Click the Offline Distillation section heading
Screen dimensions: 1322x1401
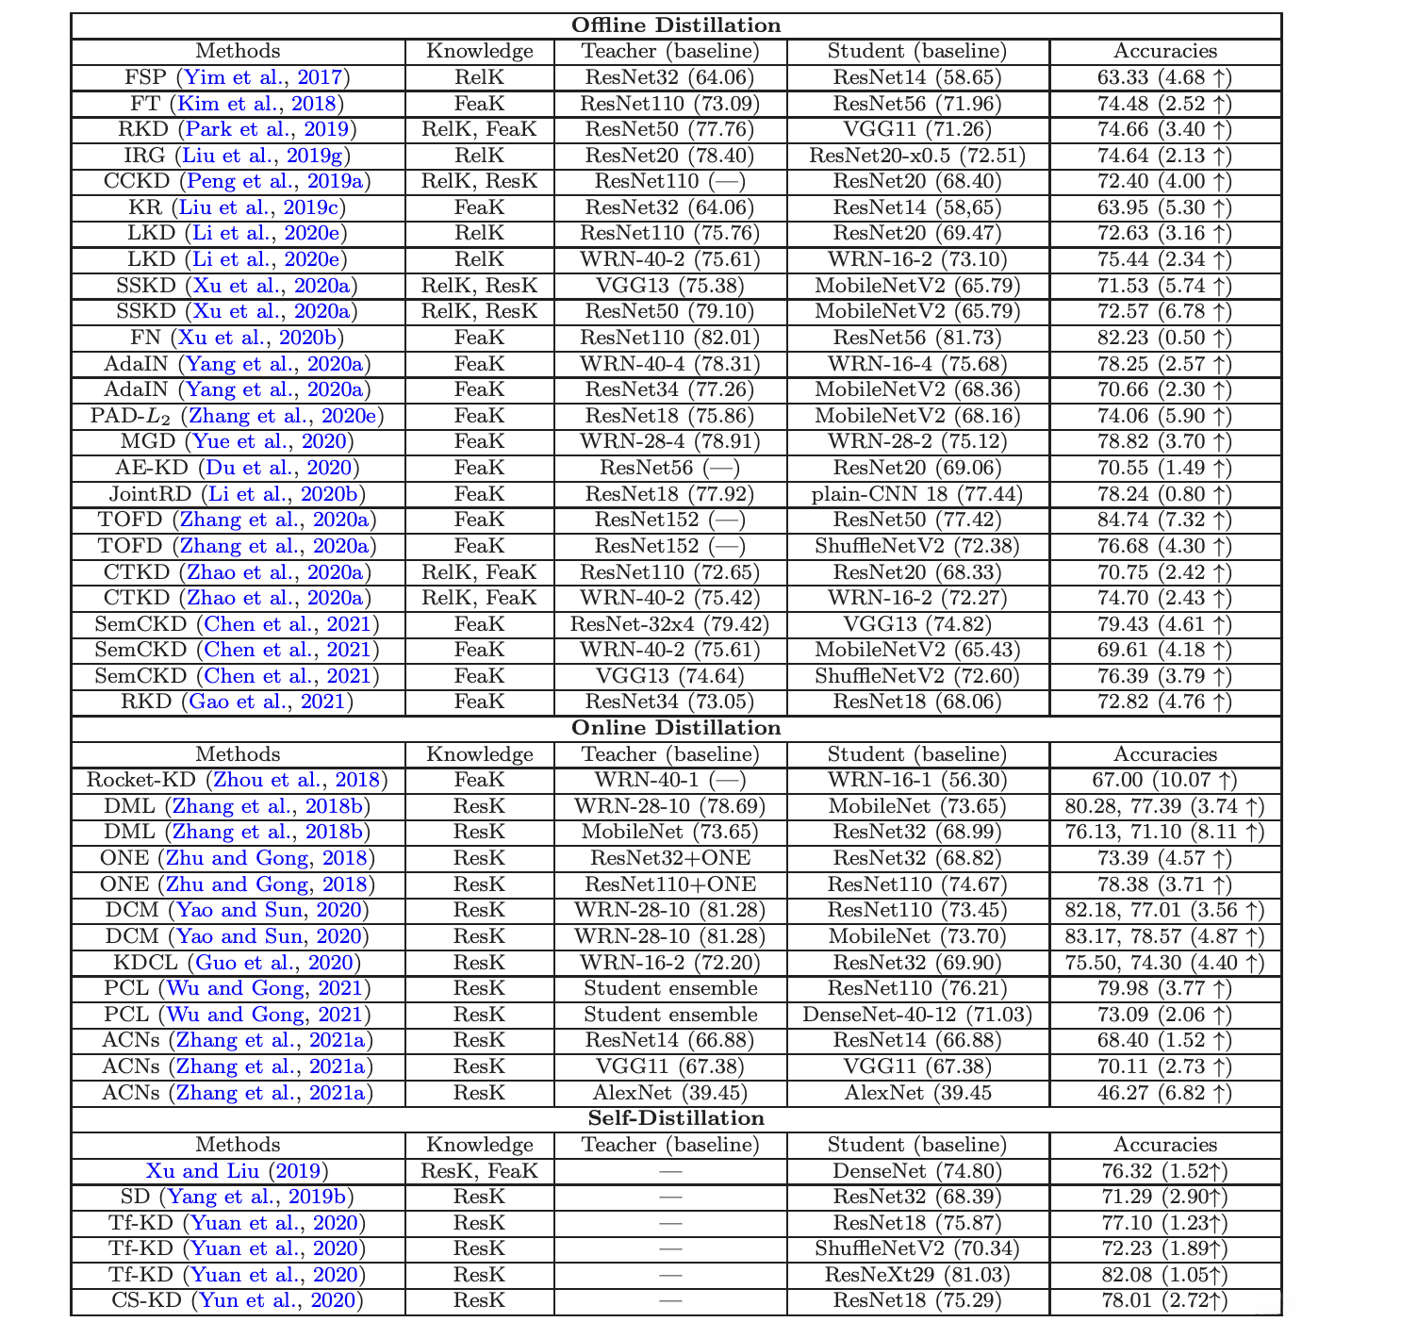pos(676,25)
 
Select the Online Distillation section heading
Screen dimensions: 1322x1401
pos(676,728)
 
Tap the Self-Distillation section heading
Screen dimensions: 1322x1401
pos(676,1118)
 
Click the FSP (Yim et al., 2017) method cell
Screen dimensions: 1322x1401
pos(238,77)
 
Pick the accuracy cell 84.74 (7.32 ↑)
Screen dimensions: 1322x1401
pos(1165,520)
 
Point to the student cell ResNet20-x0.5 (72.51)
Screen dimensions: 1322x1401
pos(917,156)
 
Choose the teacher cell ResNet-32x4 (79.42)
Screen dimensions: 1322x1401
pos(670,624)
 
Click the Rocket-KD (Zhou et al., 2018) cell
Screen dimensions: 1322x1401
pos(238,780)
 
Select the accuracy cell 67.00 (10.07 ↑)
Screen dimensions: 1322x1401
pos(1165,780)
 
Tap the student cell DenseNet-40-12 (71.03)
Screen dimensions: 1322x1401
pos(917,1015)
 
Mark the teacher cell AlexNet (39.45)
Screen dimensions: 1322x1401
pos(670,1093)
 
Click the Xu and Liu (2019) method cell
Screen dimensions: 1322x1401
pos(238,1171)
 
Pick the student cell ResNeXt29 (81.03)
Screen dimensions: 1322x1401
pos(917,1275)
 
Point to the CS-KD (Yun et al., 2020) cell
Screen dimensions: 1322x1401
pos(238,1301)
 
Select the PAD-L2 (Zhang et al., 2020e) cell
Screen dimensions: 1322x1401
pos(238,416)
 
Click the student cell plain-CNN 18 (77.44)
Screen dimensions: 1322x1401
pos(917,494)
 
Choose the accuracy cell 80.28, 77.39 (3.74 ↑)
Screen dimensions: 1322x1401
pos(1165,806)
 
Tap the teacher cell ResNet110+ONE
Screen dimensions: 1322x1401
pos(670,884)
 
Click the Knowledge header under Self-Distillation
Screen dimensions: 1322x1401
pos(480,1145)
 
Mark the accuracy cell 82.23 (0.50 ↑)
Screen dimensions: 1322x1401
pos(1165,338)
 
